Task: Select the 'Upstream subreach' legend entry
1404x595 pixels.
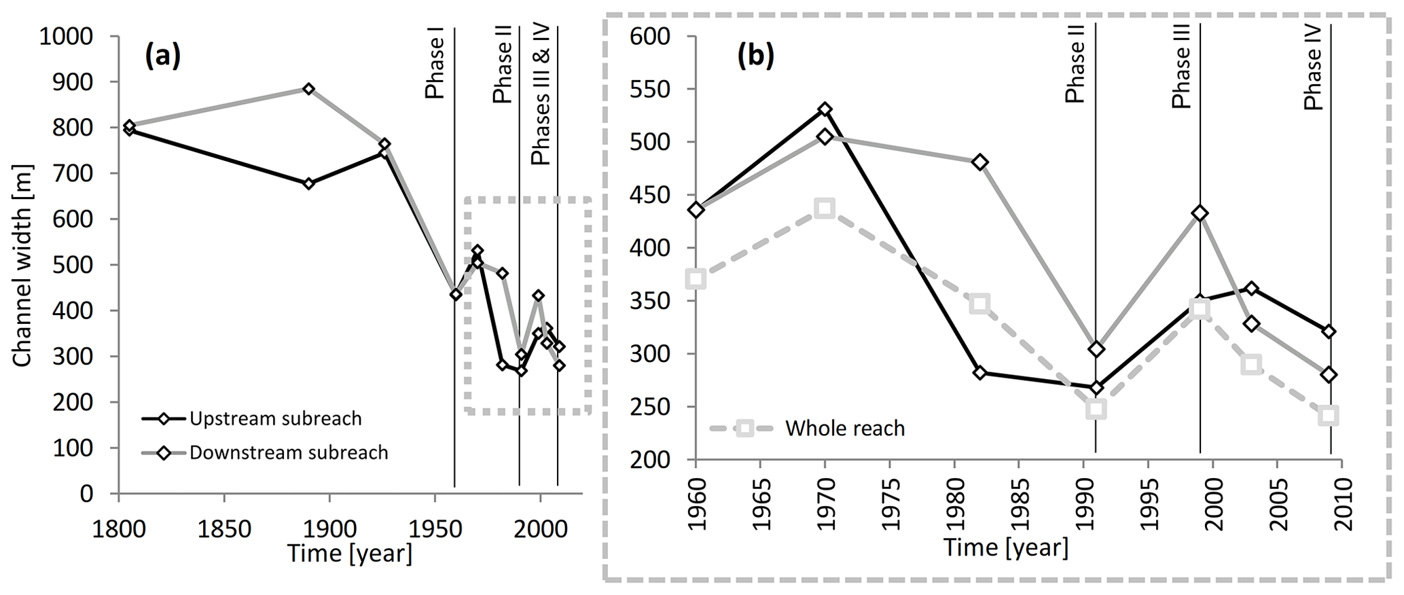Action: pos(275,418)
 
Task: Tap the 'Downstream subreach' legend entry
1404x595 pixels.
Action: pos(289,452)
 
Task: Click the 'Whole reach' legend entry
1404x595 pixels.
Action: pos(844,429)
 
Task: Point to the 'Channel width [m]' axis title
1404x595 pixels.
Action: pos(22,264)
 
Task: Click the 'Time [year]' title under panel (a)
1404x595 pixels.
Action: pos(349,554)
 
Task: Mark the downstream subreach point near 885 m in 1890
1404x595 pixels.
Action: pos(308,89)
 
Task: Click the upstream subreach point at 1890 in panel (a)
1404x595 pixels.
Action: pos(308,183)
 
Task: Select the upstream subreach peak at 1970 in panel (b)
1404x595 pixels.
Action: pos(825,109)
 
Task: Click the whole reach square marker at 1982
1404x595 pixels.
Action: pos(979,304)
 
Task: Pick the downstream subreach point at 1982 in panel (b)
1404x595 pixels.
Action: pos(979,162)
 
